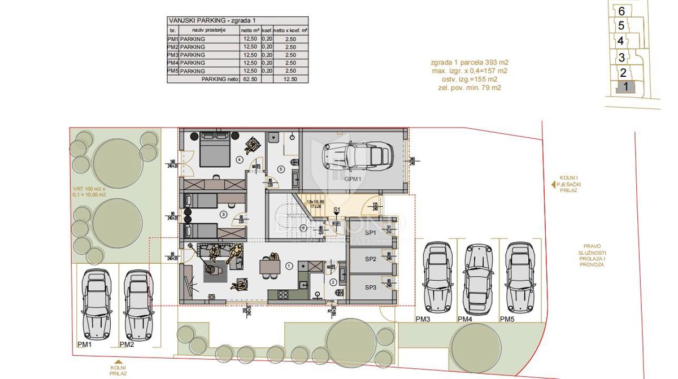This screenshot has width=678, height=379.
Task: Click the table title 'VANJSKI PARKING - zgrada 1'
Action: click(208, 20)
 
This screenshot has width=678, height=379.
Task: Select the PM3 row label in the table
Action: click(173, 55)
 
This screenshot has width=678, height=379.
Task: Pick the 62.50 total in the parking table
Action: click(250, 80)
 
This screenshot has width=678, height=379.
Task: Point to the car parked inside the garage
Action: click(357, 154)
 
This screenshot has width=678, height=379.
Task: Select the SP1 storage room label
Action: click(370, 233)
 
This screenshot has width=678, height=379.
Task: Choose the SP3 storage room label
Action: click(370, 287)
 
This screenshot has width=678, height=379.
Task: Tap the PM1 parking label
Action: click(84, 344)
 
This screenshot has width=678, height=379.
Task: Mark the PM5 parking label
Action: click(507, 320)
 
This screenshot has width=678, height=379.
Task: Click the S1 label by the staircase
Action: click(337, 210)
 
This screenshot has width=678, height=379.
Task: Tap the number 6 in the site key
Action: click(621, 11)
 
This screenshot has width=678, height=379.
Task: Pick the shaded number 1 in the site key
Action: click(625, 87)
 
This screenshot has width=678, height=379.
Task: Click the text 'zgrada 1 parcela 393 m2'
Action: click(468, 63)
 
